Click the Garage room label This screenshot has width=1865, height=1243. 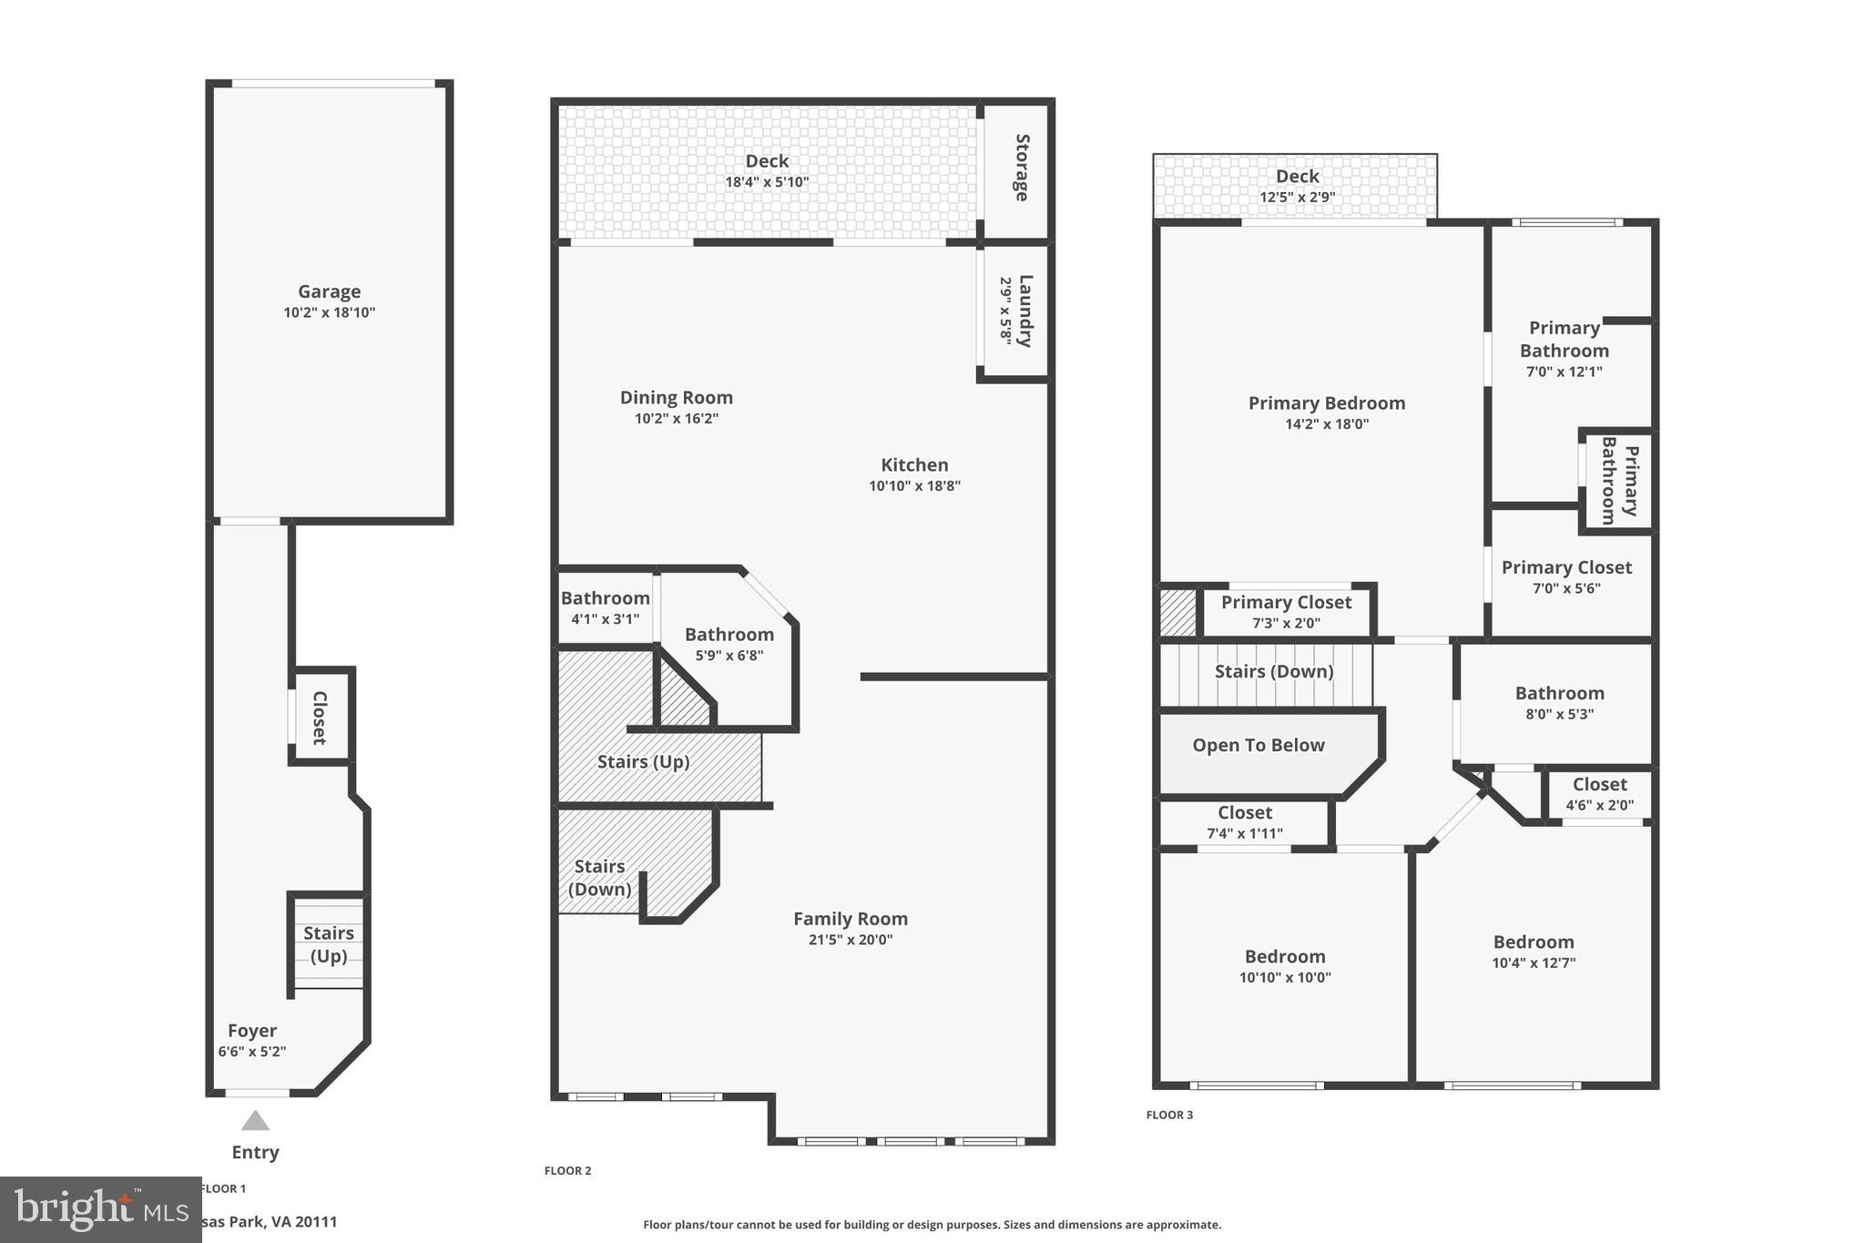click(329, 291)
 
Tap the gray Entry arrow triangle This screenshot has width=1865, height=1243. click(255, 1121)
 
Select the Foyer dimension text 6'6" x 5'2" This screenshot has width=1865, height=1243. click(252, 1052)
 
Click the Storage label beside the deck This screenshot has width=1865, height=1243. click(1022, 168)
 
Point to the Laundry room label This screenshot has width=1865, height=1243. click(1025, 311)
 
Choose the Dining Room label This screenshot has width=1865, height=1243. click(676, 397)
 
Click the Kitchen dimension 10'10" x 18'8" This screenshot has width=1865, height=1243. click(914, 486)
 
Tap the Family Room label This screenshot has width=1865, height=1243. click(850, 919)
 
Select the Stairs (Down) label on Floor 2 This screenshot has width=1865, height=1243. click(599, 878)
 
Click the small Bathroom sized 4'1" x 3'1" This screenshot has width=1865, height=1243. click(605, 607)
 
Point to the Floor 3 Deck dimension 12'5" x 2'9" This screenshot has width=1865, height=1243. click(1297, 198)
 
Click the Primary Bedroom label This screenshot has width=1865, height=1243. click(1326, 402)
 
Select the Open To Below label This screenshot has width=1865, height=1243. click(1258, 745)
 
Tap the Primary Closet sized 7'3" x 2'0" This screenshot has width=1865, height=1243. click(1286, 611)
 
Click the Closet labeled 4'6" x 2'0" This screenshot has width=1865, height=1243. click(1599, 793)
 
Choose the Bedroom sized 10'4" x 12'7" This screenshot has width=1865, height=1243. click(1533, 951)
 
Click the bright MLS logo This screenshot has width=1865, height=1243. click(100, 1209)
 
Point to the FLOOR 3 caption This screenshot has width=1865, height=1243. click(1169, 1115)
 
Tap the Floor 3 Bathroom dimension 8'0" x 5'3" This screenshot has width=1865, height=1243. click(1559, 715)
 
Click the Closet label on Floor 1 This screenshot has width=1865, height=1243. click(320, 717)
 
